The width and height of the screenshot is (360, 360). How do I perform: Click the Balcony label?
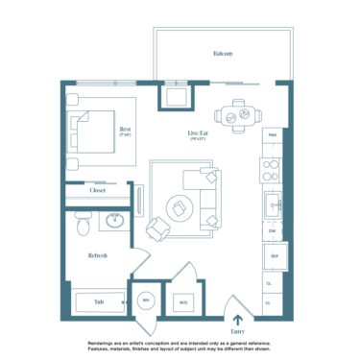click(223, 54)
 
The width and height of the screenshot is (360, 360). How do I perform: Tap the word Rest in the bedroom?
click(125, 129)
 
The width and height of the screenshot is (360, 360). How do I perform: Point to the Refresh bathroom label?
click(97, 255)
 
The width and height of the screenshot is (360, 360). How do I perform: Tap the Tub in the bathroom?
click(98, 301)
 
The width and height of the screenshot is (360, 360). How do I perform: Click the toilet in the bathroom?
click(84, 224)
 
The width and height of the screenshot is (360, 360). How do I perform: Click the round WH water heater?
click(148, 301)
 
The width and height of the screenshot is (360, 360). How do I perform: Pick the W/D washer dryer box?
click(182, 302)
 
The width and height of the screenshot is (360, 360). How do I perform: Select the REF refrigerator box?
click(273, 257)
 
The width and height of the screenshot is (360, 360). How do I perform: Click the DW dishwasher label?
click(273, 231)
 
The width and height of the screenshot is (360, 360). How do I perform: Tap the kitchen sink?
click(273, 204)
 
